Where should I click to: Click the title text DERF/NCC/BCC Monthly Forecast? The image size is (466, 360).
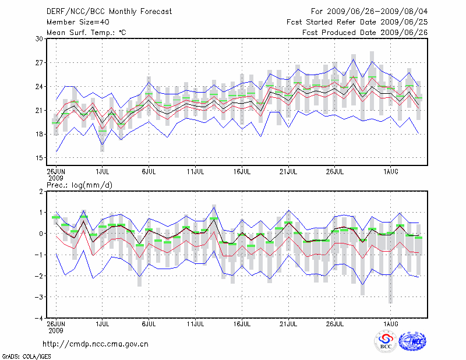click(110, 11)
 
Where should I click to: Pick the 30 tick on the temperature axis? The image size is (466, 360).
click(40, 38)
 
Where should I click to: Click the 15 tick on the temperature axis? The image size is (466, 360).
click(40, 158)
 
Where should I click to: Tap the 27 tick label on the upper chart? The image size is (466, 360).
click(40, 62)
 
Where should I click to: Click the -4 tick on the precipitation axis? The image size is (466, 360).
click(39, 318)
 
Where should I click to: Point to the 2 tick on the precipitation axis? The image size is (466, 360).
click(41, 191)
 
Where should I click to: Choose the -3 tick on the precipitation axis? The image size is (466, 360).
click(39, 297)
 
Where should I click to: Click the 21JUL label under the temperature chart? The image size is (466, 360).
click(288, 172)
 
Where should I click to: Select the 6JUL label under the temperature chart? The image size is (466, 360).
click(149, 172)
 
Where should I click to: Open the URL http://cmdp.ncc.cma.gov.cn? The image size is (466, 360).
click(96, 344)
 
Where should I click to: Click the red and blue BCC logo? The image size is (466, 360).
click(386, 342)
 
